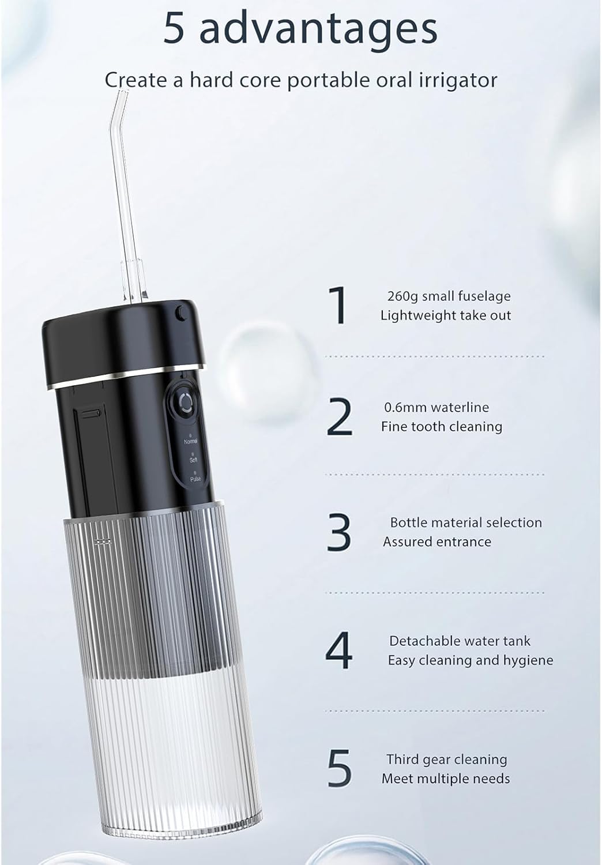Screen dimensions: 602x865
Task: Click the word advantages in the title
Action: point(318,29)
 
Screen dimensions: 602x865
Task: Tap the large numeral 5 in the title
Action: point(174,28)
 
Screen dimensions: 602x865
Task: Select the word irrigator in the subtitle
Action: point(458,80)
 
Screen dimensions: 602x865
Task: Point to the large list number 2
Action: point(339,418)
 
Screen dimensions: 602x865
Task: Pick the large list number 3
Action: point(339,532)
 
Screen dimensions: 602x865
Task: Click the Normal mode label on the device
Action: point(191,441)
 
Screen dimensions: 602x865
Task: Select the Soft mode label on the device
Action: point(193,460)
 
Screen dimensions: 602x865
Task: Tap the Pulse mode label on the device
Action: point(195,479)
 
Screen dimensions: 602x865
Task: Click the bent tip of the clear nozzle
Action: point(123,91)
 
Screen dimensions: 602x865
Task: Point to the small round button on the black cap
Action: point(180,313)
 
